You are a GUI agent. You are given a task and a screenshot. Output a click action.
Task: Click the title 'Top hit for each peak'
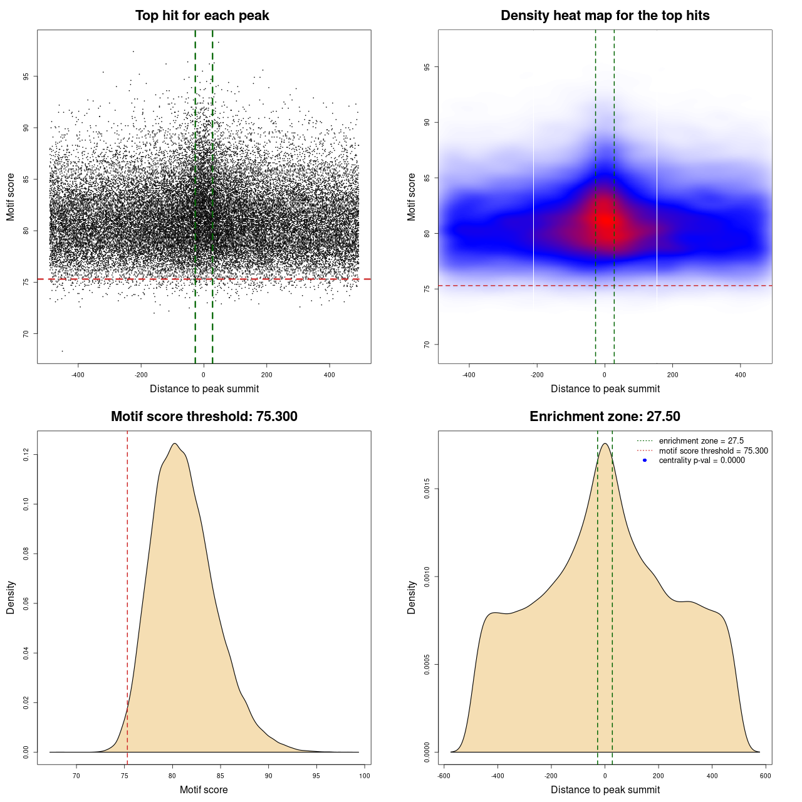pos(202,16)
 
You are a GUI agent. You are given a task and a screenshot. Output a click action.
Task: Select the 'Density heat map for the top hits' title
pos(605,16)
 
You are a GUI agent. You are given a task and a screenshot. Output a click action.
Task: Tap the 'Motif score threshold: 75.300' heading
pos(204,417)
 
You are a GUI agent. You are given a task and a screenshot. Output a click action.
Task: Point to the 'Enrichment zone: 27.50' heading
pos(605,417)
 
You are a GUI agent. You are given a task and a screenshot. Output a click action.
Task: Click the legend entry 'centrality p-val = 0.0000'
pos(702,461)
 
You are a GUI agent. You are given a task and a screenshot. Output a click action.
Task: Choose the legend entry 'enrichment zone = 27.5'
pos(701,441)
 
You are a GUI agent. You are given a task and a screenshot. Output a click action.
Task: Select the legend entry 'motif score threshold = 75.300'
pos(713,451)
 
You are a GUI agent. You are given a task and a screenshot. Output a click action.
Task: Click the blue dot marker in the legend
pos(645,461)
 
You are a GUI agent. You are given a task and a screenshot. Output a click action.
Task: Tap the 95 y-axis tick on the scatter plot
pos(26,76)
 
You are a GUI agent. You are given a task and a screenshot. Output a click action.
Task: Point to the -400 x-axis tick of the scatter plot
pos(78,375)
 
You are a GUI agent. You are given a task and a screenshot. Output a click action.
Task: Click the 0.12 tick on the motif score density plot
pos(26,454)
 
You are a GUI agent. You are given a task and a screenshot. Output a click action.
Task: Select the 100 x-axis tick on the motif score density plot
pos(365,776)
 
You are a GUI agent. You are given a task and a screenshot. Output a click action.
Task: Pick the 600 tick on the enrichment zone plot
pos(765,776)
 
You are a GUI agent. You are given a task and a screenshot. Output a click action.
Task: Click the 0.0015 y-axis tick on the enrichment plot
pos(427,489)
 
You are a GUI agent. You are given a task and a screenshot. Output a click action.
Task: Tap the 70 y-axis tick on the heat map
pos(427,345)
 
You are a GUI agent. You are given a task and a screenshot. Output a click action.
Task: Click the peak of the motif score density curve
pos(175,444)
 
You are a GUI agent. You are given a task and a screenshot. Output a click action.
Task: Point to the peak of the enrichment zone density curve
pos(605,444)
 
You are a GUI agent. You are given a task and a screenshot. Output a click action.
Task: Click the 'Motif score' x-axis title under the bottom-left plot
pos(204,790)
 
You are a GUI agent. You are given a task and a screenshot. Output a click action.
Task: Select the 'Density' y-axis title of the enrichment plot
pos(412,597)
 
